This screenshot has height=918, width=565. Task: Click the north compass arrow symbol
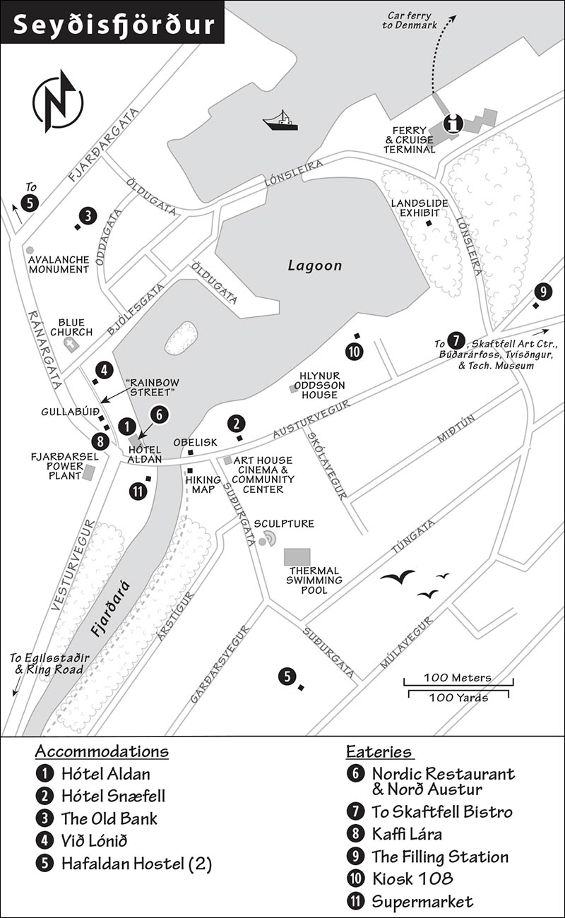point(58,101)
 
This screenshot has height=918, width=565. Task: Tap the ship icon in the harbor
point(280,121)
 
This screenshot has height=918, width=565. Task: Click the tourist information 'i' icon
point(453,123)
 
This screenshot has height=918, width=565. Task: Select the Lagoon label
point(314,265)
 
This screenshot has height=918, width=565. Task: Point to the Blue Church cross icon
point(71,345)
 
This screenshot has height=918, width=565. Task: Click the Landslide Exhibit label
point(420,208)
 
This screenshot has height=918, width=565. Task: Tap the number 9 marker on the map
point(543,292)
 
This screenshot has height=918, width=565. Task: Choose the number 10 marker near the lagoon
point(355,351)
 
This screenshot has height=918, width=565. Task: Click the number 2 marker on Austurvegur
point(237,424)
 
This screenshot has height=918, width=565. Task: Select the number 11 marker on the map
point(138,491)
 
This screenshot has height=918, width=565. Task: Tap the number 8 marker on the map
point(100,441)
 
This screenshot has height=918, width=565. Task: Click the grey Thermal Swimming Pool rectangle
point(297,557)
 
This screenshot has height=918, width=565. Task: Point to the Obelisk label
point(195,442)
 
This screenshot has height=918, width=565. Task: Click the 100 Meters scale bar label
point(458,677)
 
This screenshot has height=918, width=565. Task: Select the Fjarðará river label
point(110,609)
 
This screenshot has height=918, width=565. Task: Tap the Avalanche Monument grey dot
point(29,249)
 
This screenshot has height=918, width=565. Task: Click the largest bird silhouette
point(397,577)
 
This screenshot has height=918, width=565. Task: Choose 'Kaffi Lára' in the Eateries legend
point(407,834)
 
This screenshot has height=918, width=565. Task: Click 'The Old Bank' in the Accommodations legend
point(109,818)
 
